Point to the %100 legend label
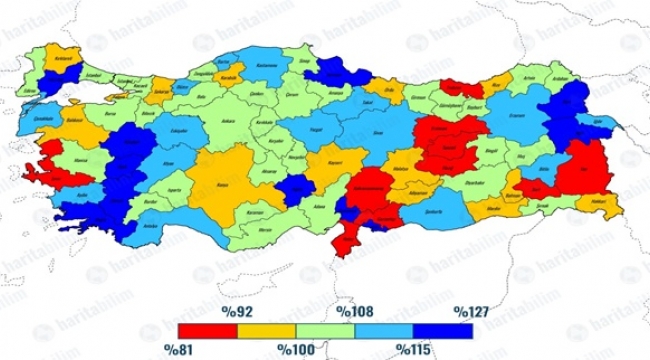[296, 348]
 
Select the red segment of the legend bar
[207, 329]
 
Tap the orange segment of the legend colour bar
[267, 329]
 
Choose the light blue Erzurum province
[520, 115]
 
